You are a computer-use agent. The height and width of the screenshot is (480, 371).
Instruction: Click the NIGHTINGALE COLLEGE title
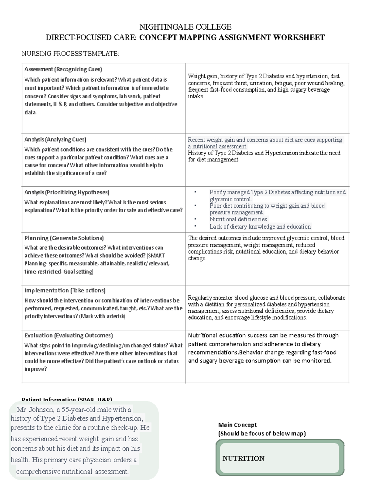pos(185,27)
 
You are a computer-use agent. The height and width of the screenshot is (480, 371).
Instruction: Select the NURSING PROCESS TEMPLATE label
pos(70,54)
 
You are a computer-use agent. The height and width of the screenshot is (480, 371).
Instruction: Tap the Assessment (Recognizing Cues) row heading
pos(63,69)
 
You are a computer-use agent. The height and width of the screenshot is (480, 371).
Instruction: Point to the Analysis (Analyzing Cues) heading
pos(55,139)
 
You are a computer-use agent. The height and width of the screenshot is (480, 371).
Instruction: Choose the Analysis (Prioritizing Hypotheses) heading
pos(67,192)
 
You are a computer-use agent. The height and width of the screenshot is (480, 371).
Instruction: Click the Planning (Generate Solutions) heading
pos(64,238)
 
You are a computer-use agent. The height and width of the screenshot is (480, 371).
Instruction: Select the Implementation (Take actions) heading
pos(65,291)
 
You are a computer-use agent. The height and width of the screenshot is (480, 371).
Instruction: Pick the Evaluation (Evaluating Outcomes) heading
pos(69,335)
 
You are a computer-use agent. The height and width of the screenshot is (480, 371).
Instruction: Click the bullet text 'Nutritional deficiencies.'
pos(239,219)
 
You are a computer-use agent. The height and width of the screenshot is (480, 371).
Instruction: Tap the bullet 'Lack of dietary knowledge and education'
pos(260,227)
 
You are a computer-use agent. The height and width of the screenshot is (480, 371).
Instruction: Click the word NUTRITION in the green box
pos(243,458)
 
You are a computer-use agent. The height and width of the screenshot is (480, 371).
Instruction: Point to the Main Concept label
pos(237,425)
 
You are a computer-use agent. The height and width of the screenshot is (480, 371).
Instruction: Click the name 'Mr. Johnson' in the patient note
pos(35,410)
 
